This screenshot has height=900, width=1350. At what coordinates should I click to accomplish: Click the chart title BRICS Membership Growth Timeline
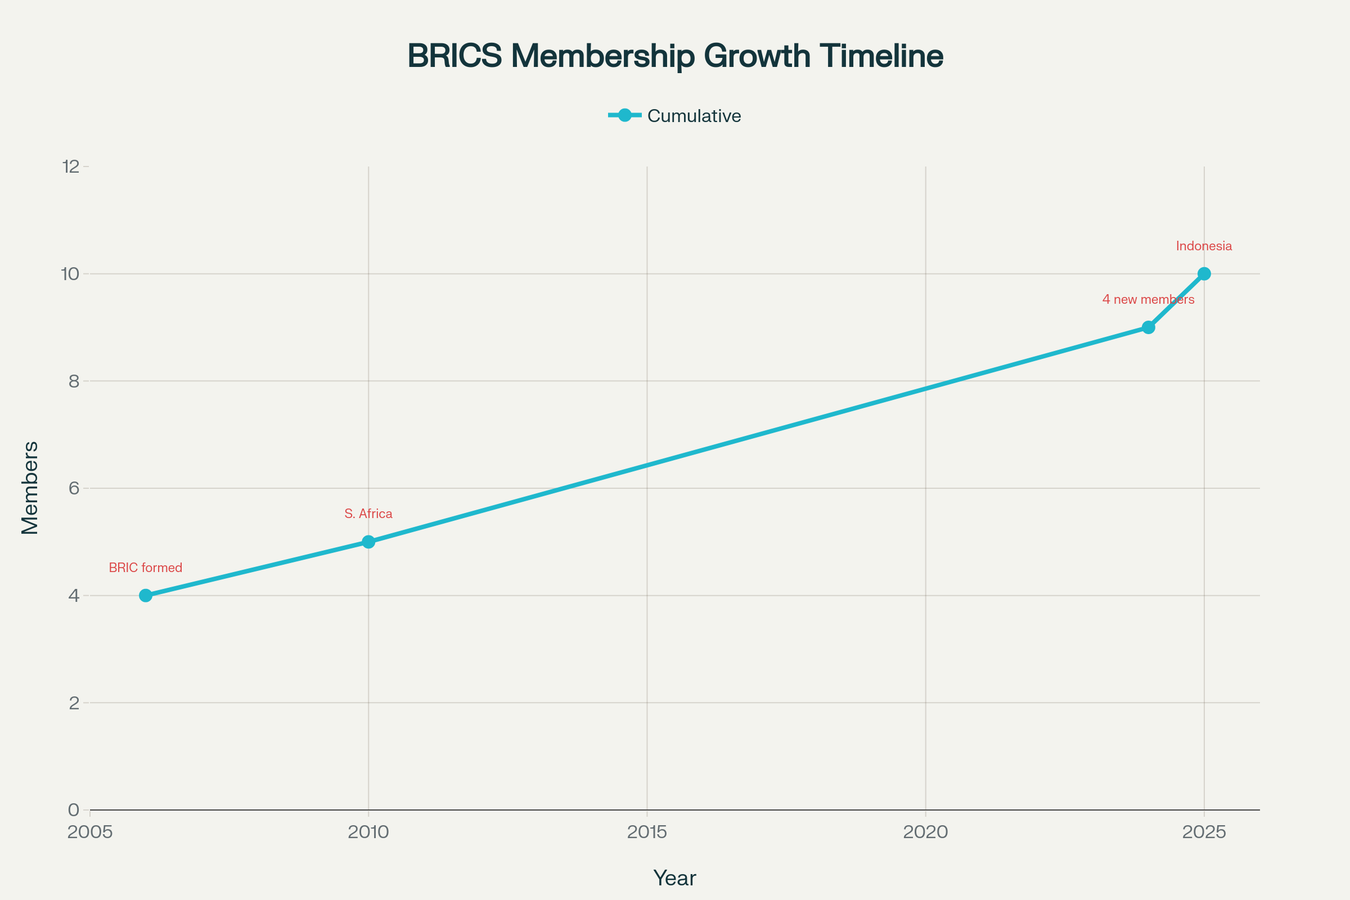(675, 56)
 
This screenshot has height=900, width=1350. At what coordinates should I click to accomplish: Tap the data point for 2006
(146, 595)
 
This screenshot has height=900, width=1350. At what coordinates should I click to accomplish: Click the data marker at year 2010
(368, 542)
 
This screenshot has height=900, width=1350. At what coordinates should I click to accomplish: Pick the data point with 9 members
(1149, 327)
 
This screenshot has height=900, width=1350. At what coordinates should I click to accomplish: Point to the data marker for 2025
(1204, 274)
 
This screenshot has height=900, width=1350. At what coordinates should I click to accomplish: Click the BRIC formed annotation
(145, 568)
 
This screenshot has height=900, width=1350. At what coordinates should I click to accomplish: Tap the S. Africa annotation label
(368, 514)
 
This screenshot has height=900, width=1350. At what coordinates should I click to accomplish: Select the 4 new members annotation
(1148, 300)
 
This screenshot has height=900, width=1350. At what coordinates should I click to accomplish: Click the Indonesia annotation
(1204, 246)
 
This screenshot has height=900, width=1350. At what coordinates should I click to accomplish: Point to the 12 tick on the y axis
(71, 166)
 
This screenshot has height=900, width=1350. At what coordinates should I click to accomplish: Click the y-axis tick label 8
(74, 381)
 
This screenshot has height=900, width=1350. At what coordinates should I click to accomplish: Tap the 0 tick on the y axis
(74, 810)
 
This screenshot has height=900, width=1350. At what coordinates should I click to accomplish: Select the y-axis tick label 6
(74, 488)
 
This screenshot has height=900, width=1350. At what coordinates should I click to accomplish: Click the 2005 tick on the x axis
(90, 832)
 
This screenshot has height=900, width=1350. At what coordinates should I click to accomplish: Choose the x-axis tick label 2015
(647, 832)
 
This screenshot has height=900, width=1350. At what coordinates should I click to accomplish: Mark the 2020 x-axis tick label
(925, 832)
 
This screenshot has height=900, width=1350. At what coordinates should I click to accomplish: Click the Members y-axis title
(30, 488)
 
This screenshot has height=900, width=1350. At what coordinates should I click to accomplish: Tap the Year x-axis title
(674, 878)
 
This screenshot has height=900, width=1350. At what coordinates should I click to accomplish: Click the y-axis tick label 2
(74, 703)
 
